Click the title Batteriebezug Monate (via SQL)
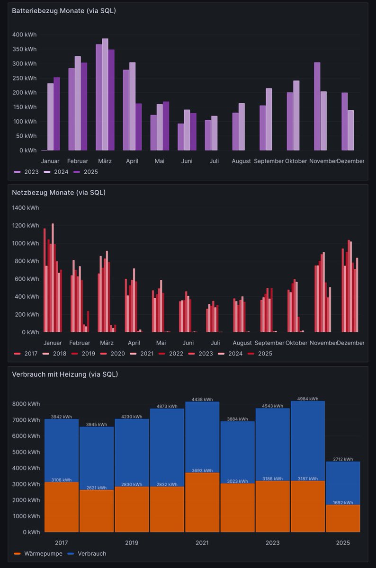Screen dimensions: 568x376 (63, 11)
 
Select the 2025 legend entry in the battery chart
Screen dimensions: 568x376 (90, 172)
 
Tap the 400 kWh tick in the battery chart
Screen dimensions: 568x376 (24, 35)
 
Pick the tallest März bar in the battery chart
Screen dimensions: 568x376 (105, 95)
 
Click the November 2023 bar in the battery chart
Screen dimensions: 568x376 (317, 106)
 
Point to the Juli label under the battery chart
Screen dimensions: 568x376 (214, 161)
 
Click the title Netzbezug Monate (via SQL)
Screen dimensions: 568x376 (59, 193)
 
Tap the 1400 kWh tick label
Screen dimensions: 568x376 (26, 208)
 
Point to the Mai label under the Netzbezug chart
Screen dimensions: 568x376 (161, 343)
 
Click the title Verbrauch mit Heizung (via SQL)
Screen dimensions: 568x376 (65, 374)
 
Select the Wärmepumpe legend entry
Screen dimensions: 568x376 (43, 553)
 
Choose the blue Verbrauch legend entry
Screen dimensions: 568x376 (90, 553)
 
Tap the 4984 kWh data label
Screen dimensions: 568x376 (307, 399)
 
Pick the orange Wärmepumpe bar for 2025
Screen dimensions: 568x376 (343, 518)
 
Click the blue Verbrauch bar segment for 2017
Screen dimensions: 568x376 (62, 450)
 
